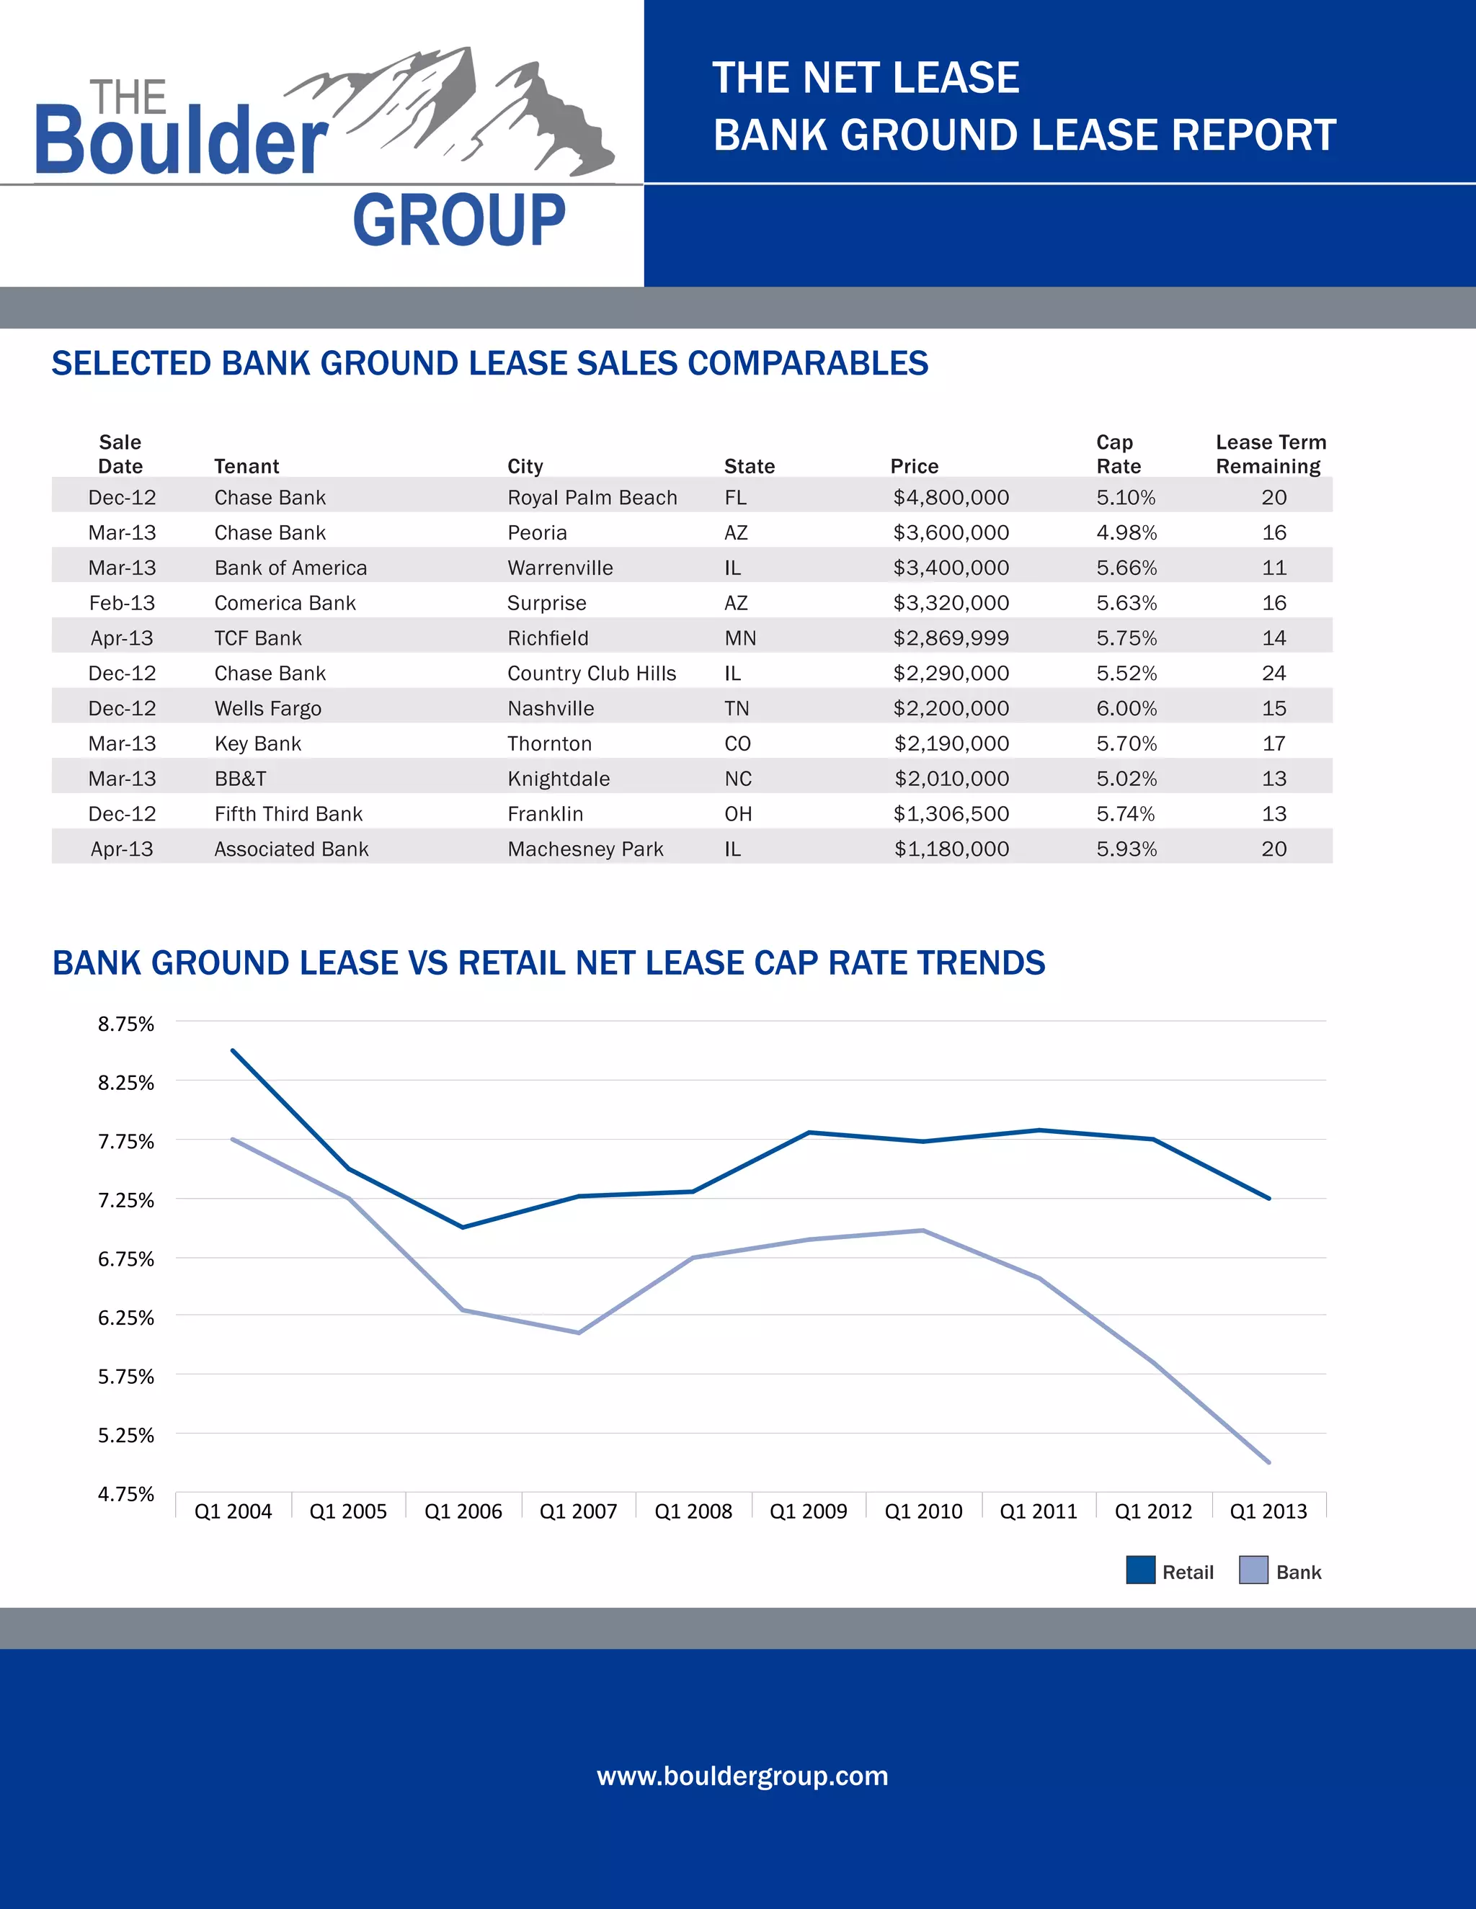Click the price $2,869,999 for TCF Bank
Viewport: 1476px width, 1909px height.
point(951,638)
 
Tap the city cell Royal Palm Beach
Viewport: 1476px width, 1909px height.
point(592,497)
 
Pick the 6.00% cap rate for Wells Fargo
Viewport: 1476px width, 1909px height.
point(1126,708)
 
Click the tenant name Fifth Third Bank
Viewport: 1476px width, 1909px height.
point(288,814)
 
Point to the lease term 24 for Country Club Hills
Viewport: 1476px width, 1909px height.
point(1273,673)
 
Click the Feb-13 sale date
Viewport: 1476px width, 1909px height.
point(122,603)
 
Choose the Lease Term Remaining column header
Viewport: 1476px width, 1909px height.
point(1271,454)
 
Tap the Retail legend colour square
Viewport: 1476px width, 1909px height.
point(1140,1570)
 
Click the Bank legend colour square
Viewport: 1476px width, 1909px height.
point(1253,1570)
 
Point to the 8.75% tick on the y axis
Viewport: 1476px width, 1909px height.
point(126,1024)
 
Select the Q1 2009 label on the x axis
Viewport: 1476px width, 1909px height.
point(808,1511)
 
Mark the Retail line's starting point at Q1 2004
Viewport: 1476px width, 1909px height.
point(233,1050)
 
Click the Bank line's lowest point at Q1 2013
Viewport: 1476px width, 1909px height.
point(1268,1462)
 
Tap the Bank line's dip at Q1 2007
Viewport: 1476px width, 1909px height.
point(578,1333)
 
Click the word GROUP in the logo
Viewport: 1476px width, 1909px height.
point(459,220)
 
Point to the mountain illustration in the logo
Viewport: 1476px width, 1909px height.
point(463,109)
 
